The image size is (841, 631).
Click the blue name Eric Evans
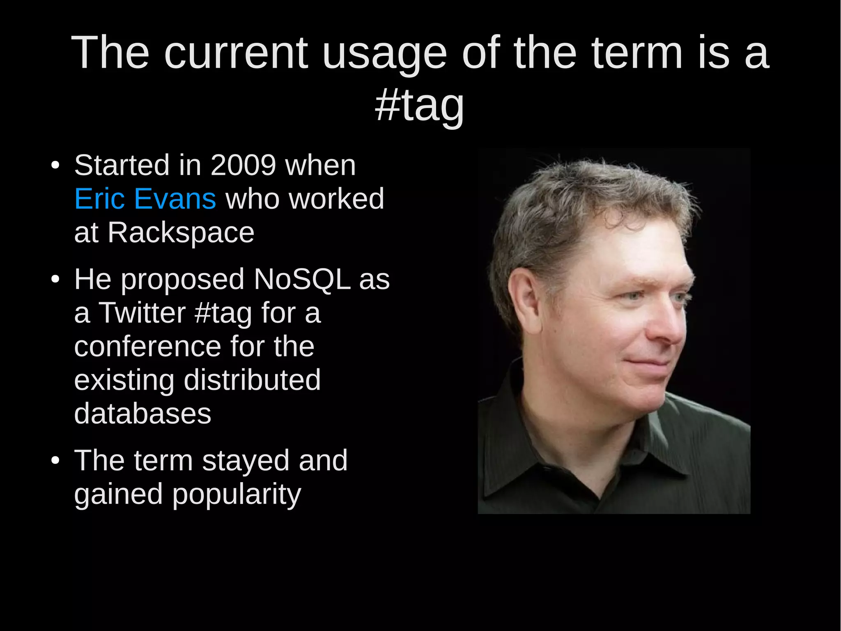pyautogui.click(x=145, y=199)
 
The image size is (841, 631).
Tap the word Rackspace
pyautogui.click(x=181, y=233)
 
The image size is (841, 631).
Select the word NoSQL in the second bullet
pyautogui.click(x=302, y=280)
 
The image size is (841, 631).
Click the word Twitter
pyautogui.click(x=142, y=313)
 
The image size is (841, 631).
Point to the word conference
pyautogui.click(x=147, y=347)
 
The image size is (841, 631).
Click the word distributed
pyautogui.click(x=252, y=380)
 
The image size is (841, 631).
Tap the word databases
pyautogui.click(x=142, y=414)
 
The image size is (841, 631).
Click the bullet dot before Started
pyautogui.click(x=55, y=166)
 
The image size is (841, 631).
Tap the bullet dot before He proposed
pyautogui.click(x=55, y=280)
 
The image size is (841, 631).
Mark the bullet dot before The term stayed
pyautogui.click(x=55, y=461)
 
